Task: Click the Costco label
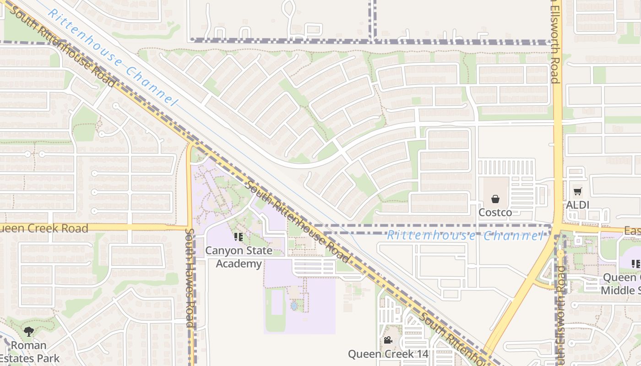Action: click(495, 212)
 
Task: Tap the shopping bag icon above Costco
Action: click(495, 199)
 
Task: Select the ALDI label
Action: click(577, 205)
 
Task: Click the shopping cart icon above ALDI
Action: click(577, 192)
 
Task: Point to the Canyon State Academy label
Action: click(239, 257)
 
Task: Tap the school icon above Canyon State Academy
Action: click(239, 237)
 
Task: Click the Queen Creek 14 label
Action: click(388, 354)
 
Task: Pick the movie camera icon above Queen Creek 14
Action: click(388, 340)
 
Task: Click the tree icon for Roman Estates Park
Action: click(29, 331)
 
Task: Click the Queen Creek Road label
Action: click(44, 228)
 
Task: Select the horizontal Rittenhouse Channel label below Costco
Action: click(464, 236)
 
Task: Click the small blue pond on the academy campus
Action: click(293, 305)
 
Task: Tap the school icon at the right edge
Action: click(636, 264)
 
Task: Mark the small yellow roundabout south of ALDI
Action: click(560, 253)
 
